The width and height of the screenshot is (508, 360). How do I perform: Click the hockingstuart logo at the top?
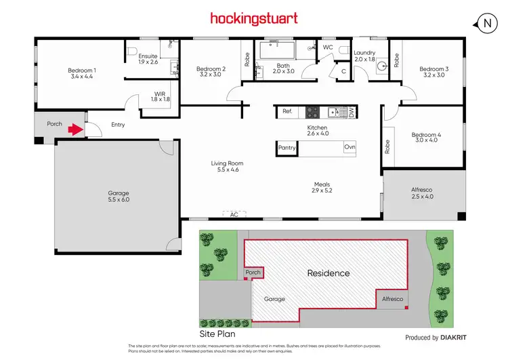coord(254,18)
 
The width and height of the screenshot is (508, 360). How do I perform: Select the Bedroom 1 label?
coord(82,71)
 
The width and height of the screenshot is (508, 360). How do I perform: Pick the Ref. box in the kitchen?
coord(287,111)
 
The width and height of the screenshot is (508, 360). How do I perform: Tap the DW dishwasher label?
coord(351,112)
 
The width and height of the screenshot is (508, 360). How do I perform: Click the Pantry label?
coord(287,147)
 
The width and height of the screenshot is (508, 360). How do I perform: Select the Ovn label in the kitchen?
coord(350,147)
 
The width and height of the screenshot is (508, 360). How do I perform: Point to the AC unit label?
coord(234,214)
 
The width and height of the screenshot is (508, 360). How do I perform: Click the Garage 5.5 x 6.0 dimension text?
coord(119,200)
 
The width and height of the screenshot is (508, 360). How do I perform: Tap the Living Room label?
coord(227,163)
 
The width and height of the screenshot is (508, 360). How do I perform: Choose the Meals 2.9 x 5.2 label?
coord(322,188)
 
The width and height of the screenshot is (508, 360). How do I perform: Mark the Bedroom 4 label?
coord(426,136)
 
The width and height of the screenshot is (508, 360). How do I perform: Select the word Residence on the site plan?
coord(329,273)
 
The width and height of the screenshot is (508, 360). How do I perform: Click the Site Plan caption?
coord(216,335)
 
